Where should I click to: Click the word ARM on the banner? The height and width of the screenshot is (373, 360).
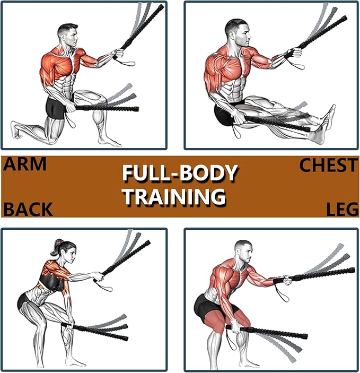[x=25, y=164]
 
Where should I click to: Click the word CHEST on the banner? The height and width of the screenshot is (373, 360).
[x=328, y=165]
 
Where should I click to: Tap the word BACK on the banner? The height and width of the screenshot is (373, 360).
[x=28, y=209]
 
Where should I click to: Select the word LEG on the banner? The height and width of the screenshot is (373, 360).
[x=343, y=210]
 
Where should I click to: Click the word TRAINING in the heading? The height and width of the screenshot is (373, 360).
[x=174, y=196]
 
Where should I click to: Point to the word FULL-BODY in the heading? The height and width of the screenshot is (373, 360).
[x=180, y=173]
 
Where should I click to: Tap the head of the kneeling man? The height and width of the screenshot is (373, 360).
[x=68, y=35]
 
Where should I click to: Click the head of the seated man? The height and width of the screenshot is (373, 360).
[x=238, y=32]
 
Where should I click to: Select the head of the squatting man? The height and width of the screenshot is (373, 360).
[x=243, y=252]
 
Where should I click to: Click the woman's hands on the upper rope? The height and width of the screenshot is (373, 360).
[x=99, y=276]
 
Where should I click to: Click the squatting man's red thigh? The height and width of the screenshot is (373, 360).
[x=217, y=320]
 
